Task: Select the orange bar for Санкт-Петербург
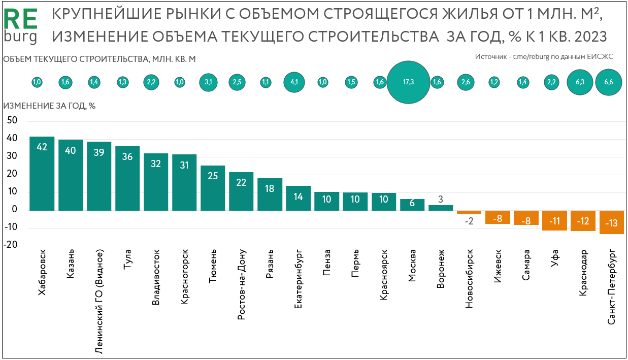coord(612,222)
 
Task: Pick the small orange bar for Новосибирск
coord(469,212)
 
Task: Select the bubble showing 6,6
coord(608,82)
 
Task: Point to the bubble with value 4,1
coord(294,82)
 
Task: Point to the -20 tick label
coord(11,245)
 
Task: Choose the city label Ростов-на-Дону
coord(242,284)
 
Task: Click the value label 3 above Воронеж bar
coord(441,198)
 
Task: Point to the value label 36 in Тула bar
coord(127,156)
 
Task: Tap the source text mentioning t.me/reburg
coord(544,57)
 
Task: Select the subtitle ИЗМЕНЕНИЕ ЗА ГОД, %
coord(50,106)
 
